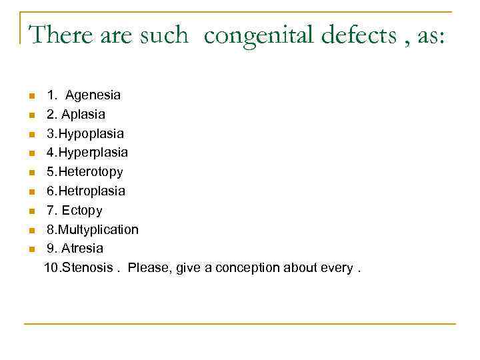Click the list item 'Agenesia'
coord(93,95)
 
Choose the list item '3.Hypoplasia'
coord(85,134)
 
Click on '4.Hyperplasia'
coord(87,153)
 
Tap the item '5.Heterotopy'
coord(85,172)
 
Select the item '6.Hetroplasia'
coord(85,191)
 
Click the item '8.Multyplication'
coord(93,229)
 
